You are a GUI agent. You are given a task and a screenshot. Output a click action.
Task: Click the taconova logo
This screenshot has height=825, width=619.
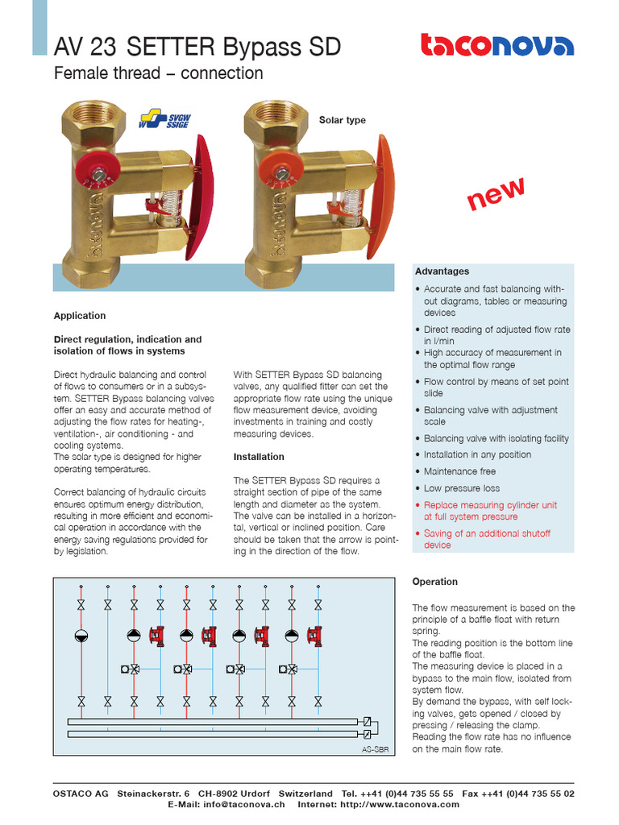point(497,45)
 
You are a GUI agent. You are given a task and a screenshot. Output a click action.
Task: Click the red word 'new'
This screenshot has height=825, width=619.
point(496,194)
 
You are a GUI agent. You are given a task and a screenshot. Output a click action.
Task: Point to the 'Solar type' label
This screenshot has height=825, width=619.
point(342,120)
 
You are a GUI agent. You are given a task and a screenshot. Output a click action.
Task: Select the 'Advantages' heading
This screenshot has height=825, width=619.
point(442,272)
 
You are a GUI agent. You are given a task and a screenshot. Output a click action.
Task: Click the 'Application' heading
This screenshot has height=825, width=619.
point(79,316)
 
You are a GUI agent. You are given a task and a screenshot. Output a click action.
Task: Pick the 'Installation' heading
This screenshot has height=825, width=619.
point(259,457)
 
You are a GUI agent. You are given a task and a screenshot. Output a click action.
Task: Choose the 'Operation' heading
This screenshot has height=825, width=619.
point(434,582)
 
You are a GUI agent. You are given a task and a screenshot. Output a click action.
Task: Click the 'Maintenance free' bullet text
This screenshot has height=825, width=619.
point(459,471)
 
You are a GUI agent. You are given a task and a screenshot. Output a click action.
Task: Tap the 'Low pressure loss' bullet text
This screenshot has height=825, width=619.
point(462,488)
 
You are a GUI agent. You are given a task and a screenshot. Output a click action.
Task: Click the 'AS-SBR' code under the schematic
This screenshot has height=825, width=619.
point(376,749)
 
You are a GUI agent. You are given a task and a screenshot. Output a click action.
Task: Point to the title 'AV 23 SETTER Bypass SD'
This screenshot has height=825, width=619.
point(197,48)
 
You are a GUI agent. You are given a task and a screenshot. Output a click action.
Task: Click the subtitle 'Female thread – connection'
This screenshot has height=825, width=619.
point(158,73)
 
